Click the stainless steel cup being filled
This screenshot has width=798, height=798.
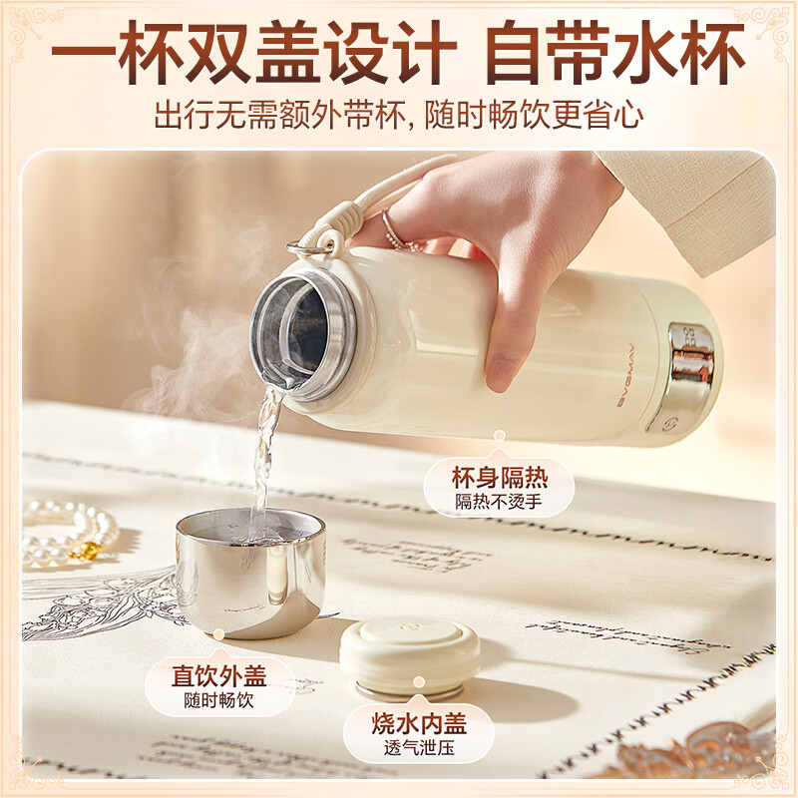[x=250, y=574]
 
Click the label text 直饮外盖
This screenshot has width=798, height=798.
[x=218, y=675]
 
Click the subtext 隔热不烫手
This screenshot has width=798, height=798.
[x=499, y=502]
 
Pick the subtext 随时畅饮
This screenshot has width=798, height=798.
[x=218, y=700]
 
